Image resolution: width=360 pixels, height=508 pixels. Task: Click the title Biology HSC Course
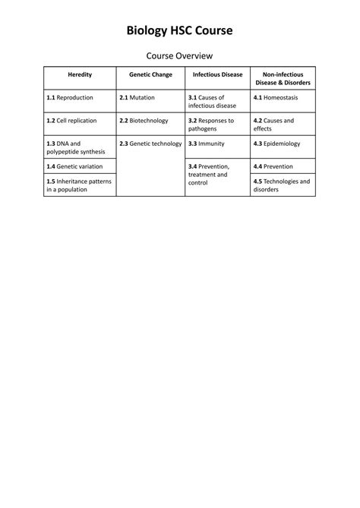179,30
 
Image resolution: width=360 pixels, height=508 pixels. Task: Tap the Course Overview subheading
179,56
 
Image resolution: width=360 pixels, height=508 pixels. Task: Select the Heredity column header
80,74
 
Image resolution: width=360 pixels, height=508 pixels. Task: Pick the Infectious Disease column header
217,74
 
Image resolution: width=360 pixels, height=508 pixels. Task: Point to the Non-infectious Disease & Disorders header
283,78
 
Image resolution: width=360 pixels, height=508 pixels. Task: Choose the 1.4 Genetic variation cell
74,166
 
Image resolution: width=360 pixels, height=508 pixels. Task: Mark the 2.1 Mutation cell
137,98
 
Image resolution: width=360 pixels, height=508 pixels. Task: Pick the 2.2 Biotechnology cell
144,120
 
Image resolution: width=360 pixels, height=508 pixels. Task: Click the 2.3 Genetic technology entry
150,143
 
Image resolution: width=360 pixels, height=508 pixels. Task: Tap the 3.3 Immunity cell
207,143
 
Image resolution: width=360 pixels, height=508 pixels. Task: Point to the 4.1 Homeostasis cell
278,98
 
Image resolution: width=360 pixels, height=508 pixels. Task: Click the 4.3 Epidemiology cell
277,143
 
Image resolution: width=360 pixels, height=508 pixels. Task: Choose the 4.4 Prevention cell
273,166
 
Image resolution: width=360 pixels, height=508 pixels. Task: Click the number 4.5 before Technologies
258,181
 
